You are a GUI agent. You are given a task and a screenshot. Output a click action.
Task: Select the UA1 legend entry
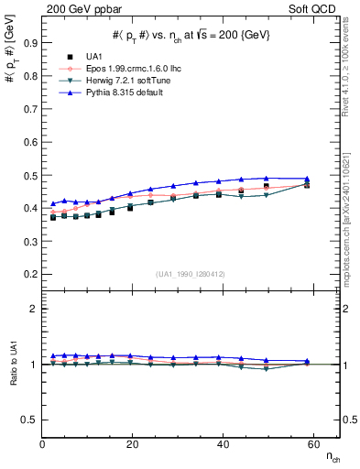(94, 57)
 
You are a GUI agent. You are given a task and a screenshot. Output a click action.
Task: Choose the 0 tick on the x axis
(43, 445)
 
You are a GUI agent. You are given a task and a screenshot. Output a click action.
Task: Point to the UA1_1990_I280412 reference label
(191, 274)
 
